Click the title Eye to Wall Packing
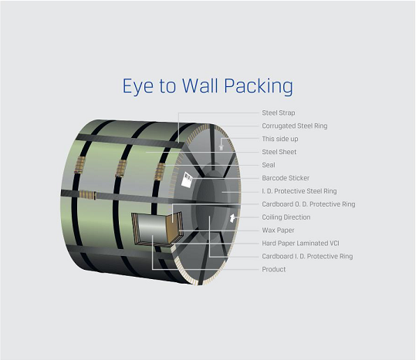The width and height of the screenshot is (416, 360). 208,86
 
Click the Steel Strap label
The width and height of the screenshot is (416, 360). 279,113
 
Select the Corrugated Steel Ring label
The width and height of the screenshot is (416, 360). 295,126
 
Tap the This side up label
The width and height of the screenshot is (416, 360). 280,139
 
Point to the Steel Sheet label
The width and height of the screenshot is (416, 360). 279,152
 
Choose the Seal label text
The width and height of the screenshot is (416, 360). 269,165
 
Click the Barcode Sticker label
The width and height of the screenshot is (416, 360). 286,178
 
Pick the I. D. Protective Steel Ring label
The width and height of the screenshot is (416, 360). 299,191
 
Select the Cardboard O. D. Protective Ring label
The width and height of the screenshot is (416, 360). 309,204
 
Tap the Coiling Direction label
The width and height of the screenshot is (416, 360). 286,217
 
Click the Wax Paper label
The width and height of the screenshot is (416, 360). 278,230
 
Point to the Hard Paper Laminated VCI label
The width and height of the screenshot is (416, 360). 300,243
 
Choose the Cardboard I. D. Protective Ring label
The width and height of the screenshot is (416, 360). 307,256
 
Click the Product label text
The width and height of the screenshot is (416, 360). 274,269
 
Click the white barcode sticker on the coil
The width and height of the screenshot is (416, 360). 187,180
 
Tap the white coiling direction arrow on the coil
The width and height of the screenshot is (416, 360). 232,217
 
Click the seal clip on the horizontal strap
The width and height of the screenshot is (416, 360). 87,195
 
